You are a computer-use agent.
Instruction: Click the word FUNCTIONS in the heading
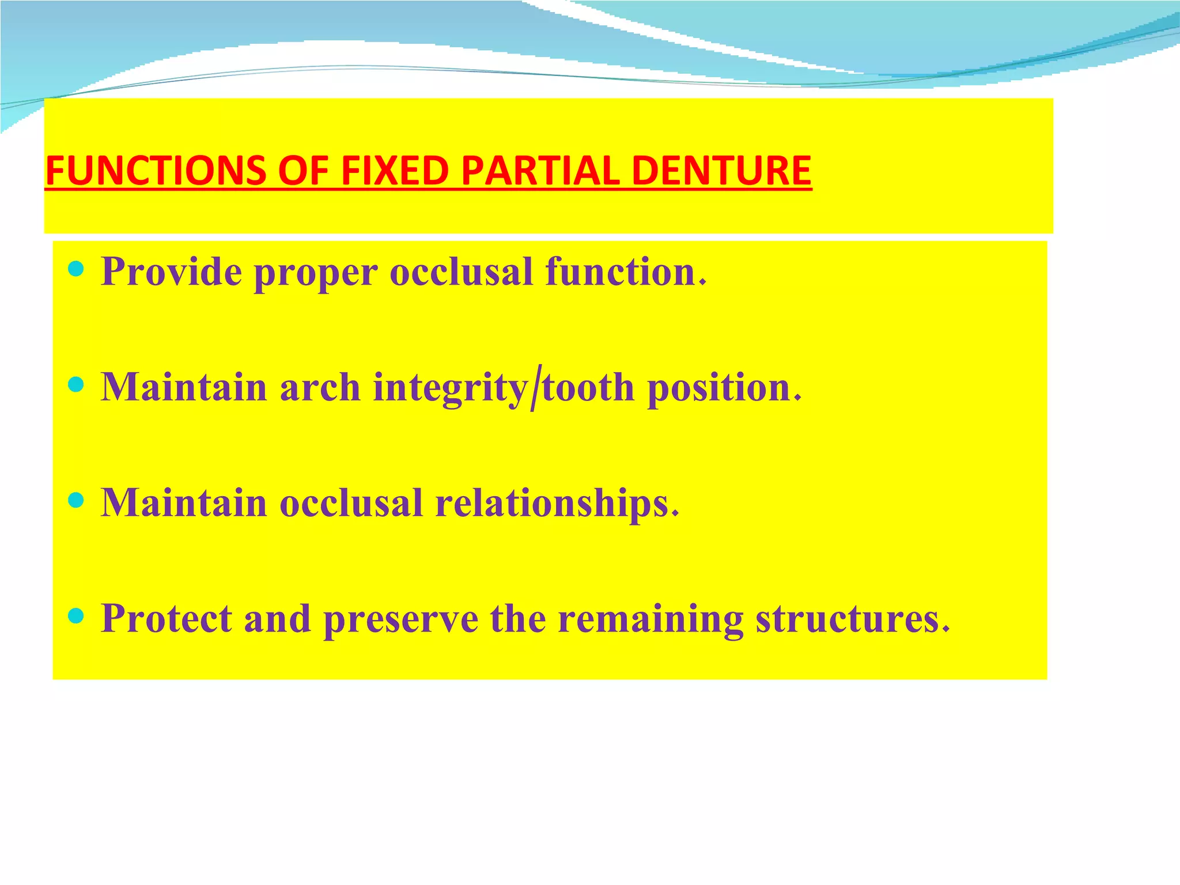(x=156, y=171)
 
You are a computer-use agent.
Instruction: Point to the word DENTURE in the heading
(x=721, y=171)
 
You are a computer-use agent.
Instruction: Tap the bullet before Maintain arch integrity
(x=76, y=384)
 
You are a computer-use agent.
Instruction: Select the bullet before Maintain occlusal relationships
(x=76, y=500)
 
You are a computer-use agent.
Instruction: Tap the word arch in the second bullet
(x=320, y=387)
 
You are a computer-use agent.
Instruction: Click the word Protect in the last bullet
(x=166, y=618)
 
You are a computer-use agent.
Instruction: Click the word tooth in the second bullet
(x=588, y=387)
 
